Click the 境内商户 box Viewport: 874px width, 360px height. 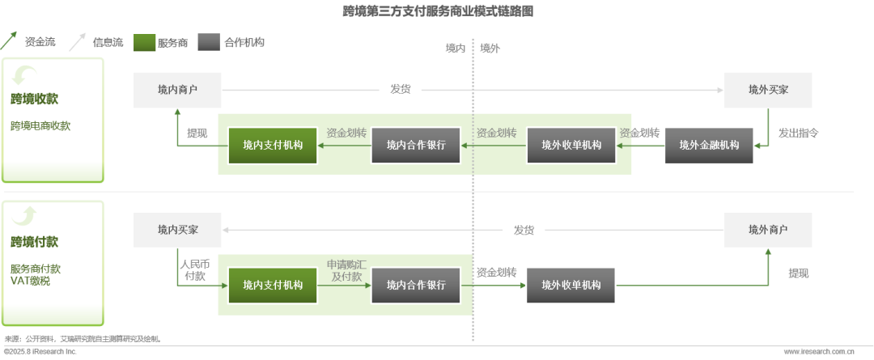pos(177,90)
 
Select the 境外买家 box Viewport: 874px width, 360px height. pos(767,90)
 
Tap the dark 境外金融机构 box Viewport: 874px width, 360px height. pos(708,146)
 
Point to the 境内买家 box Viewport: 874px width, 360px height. pos(177,230)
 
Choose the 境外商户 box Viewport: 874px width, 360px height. pos(767,230)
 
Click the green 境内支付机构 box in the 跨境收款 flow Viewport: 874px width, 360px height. pos(273,146)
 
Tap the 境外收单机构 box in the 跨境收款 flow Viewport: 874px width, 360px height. pos(571,146)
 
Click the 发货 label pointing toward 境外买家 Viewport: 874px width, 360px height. pos(401,90)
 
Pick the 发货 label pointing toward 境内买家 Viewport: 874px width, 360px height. pos(524,230)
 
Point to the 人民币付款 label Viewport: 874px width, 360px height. pos(194,270)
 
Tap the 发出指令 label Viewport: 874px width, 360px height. pos(799,133)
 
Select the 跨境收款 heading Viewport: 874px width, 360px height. pos(35,100)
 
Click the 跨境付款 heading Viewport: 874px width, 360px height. pos(35,242)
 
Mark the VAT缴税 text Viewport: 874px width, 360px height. pos(30,281)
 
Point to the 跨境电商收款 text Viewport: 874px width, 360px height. pos(40,126)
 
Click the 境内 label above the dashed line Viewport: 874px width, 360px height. pos(456,49)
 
